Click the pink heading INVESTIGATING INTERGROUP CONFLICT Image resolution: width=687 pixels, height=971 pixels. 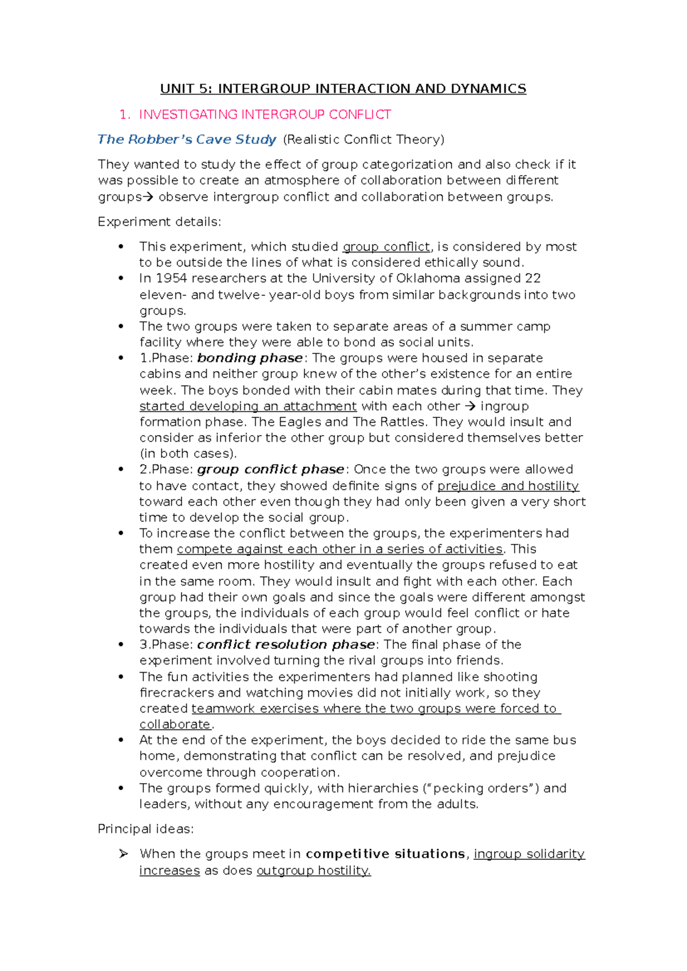pyautogui.click(x=264, y=115)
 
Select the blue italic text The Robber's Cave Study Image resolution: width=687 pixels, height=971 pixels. pyautogui.click(x=187, y=140)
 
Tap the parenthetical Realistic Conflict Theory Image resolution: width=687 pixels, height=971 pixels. pyautogui.click(x=364, y=140)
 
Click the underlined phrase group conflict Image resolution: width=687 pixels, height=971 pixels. pyautogui.click(x=386, y=247)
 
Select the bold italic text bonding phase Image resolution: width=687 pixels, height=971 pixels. pyautogui.click(x=250, y=358)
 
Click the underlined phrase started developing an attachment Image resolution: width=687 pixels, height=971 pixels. pyautogui.click(x=248, y=406)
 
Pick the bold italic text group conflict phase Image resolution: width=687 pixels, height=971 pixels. pyautogui.click(x=271, y=469)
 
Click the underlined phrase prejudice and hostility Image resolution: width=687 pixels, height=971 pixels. pyautogui.click(x=508, y=486)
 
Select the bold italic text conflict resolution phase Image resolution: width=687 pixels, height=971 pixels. pyautogui.click(x=286, y=645)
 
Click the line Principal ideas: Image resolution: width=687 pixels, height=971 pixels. pyautogui.click(x=145, y=829)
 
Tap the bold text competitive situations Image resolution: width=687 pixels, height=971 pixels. pyautogui.click(x=385, y=854)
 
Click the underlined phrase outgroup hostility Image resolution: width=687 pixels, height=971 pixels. pyautogui.click(x=313, y=871)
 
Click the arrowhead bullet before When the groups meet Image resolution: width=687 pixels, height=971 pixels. pyautogui.click(x=123, y=854)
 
